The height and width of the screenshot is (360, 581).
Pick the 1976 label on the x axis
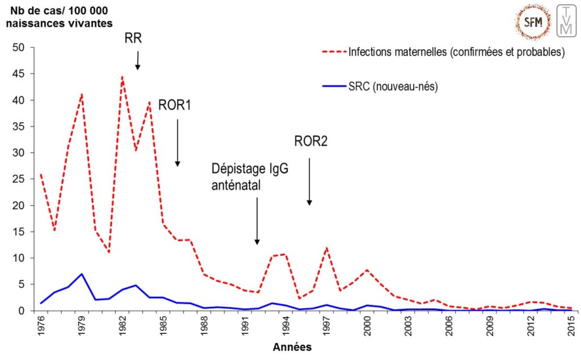click(x=41, y=327)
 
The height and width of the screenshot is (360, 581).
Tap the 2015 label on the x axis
click(x=570, y=327)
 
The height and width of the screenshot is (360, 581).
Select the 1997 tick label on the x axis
click(x=326, y=327)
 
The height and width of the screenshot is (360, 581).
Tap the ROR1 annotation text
click(x=175, y=105)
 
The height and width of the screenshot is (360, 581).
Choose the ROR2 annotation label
click(x=311, y=141)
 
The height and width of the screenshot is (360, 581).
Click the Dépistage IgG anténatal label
click(x=246, y=176)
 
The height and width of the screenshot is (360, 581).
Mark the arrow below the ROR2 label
click(x=309, y=181)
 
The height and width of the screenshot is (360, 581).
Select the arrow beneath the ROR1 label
click(x=178, y=143)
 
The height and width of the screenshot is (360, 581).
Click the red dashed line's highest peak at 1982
click(x=122, y=77)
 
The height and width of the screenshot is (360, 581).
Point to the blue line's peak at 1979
click(x=82, y=274)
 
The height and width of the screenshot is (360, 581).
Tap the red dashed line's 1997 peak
click(x=326, y=248)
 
